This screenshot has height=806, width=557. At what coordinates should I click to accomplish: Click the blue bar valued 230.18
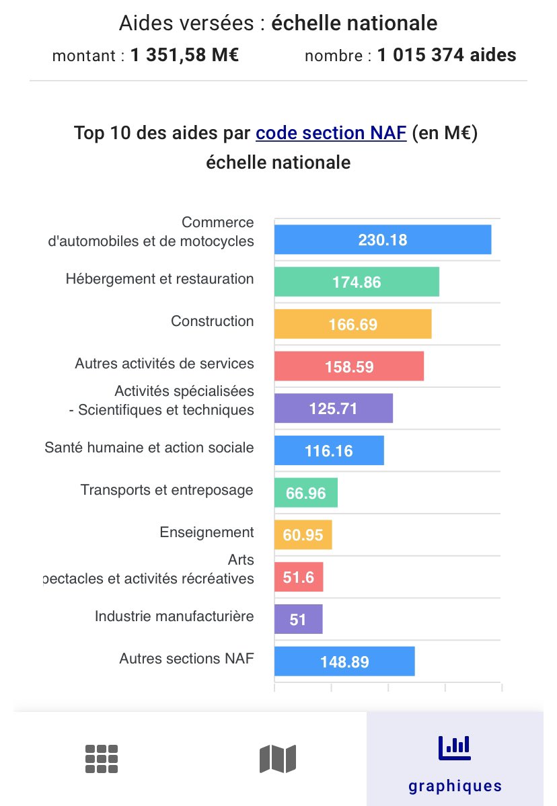point(382,239)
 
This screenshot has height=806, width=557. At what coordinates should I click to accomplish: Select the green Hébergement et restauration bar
point(357,282)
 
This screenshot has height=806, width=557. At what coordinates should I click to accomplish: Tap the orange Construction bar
point(352,324)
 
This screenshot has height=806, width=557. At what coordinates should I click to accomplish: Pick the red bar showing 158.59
point(348,366)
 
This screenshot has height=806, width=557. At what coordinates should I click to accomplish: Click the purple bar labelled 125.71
point(333,408)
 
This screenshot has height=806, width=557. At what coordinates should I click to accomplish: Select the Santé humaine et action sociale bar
point(329,450)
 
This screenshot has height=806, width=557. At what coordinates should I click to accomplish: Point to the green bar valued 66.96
point(305,493)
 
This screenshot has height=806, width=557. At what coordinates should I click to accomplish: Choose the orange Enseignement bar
point(303,535)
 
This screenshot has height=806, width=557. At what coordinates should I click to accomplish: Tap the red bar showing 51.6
point(299,577)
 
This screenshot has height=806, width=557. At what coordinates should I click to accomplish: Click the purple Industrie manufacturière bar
point(298,619)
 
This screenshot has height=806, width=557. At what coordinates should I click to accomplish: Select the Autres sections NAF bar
point(344,661)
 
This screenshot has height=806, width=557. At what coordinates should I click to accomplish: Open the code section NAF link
point(330,133)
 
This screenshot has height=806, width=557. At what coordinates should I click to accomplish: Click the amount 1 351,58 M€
point(184,55)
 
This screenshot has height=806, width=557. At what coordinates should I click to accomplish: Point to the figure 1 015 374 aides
point(446,55)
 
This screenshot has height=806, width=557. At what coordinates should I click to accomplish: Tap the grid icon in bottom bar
point(102,759)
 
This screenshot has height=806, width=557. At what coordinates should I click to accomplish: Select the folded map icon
point(278,759)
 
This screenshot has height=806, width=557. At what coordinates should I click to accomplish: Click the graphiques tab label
point(455,785)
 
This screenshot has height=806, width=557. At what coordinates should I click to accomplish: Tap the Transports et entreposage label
point(167,490)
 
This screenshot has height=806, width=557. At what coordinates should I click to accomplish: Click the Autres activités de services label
point(164,364)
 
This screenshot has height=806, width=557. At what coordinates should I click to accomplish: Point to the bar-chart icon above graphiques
point(455,745)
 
